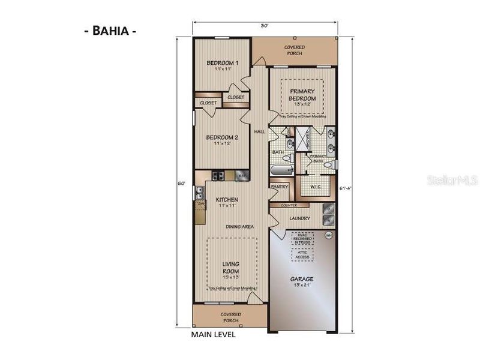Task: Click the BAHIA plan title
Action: pos(110,31)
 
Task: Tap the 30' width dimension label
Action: pos(264,26)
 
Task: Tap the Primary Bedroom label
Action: pos(302,95)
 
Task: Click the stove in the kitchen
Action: pos(218,176)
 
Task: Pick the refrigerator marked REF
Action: pos(242,176)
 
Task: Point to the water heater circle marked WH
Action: pos(328,235)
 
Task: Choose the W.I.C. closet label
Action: pos(316,186)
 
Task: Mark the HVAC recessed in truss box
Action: pos(301,239)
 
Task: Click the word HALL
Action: pos(260,131)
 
